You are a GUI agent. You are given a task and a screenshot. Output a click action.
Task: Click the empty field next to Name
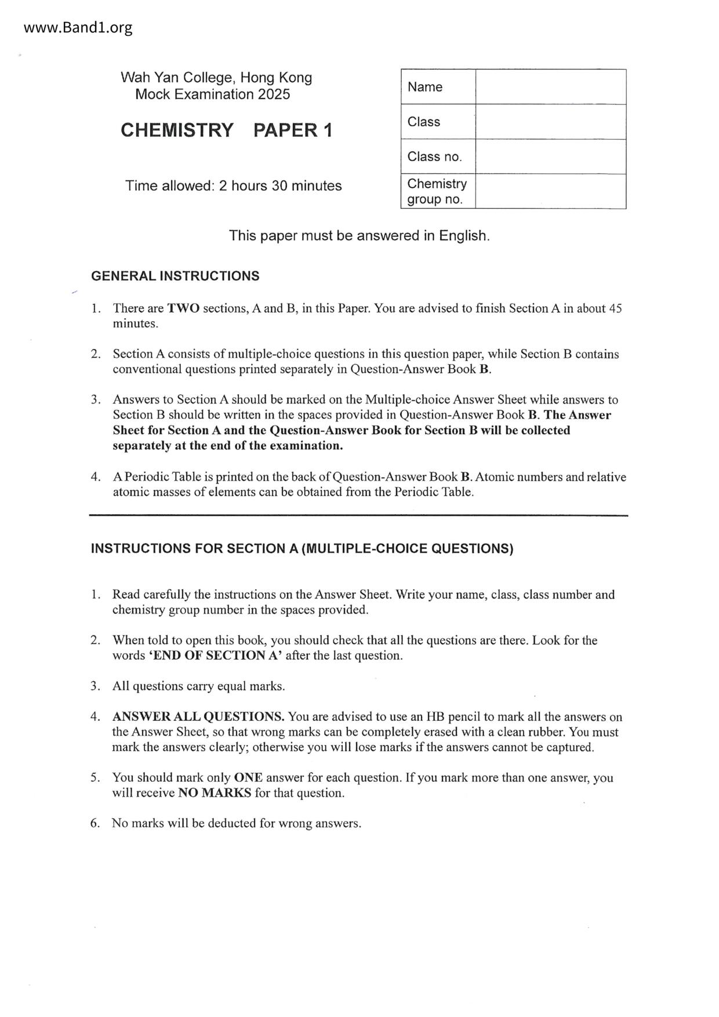[550, 87]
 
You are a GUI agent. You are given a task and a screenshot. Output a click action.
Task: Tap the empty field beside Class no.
[550, 157]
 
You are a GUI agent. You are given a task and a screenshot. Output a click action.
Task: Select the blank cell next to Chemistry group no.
[550, 191]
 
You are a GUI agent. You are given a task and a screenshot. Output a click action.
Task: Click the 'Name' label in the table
[425, 87]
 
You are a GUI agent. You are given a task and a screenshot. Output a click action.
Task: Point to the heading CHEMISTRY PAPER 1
[227, 130]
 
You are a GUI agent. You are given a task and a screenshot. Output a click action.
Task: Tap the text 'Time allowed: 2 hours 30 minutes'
[233, 186]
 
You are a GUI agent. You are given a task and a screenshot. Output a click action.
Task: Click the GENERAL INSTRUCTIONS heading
[175, 276]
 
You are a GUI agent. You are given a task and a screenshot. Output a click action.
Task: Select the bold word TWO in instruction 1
[183, 308]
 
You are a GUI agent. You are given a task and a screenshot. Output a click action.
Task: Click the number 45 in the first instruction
[615, 308]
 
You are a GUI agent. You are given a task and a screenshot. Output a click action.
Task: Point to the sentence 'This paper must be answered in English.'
[359, 235]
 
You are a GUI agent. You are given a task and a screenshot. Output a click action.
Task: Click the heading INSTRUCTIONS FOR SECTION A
[302, 549]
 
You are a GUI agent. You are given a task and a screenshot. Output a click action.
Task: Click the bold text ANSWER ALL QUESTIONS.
[198, 717]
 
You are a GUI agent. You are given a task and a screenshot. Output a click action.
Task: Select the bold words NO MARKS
[215, 793]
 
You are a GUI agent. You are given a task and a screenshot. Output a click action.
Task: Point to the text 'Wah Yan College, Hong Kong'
[216, 78]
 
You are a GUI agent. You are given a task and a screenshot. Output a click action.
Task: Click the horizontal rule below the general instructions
[359, 515]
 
